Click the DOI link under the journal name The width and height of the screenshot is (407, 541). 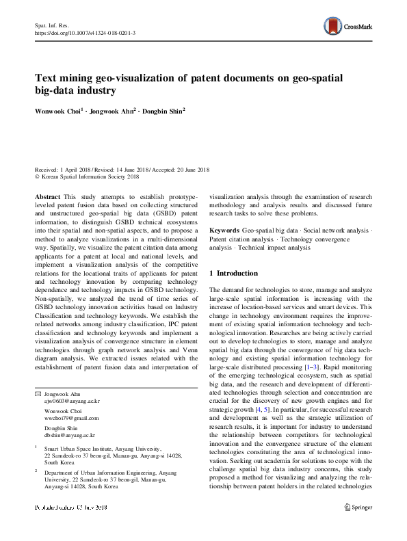85,33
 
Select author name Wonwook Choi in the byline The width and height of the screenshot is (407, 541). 57,110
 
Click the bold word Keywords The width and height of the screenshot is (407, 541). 224,231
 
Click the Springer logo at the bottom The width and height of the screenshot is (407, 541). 358,527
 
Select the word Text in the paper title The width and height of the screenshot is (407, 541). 47,79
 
